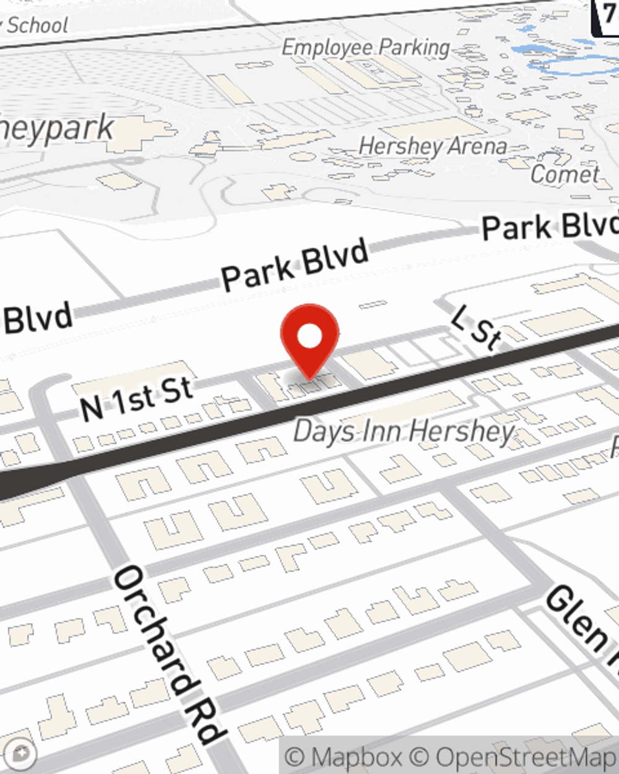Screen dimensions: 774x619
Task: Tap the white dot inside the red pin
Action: click(309, 336)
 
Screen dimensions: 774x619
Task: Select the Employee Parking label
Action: click(366, 48)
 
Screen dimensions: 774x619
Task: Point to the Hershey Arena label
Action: click(433, 147)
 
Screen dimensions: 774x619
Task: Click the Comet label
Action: click(565, 175)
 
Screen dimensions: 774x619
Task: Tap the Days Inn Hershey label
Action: click(404, 432)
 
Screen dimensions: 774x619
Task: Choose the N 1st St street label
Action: click(137, 398)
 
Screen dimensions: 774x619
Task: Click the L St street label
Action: click(475, 328)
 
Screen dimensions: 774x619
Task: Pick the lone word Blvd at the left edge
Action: click(38, 319)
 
